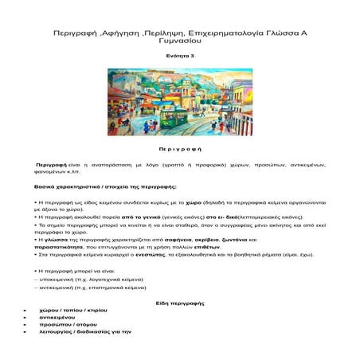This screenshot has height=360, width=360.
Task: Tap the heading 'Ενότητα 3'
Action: (x=180, y=57)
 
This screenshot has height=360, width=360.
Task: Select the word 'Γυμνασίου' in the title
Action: (x=179, y=46)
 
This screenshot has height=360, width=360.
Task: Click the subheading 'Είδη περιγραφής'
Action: (x=179, y=305)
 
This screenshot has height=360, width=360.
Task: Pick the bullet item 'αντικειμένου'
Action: (x=73, y=322)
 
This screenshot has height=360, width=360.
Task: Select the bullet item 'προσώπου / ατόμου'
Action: (x=82, y=330)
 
